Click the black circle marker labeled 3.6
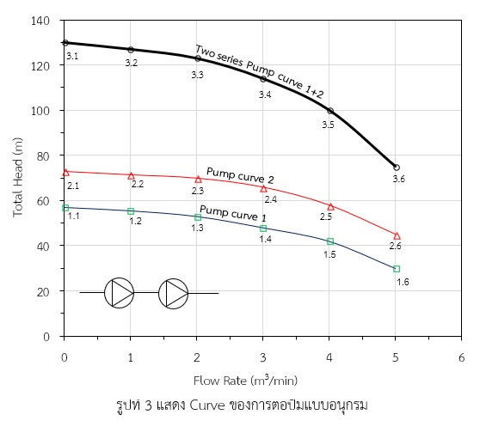point(397,168)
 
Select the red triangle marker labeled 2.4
point(263,189)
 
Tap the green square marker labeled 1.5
point(330,241)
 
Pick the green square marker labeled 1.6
point(397,269)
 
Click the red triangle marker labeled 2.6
point(397,236)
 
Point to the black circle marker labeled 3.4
point(263,79)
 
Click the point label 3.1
point(72,56)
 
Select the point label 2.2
point(138,184)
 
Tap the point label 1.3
point(197,228)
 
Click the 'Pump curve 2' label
point(240,175)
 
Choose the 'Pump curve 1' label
point(232,213)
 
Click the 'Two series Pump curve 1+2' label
point(259,72)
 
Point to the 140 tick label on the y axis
point(40,21)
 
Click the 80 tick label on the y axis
point(43,156)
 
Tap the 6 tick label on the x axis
point(461,357)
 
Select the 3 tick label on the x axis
point(263,357)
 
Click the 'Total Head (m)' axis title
point(18,178)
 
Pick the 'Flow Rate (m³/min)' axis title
point(245,381)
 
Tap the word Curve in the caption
point(207,406)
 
